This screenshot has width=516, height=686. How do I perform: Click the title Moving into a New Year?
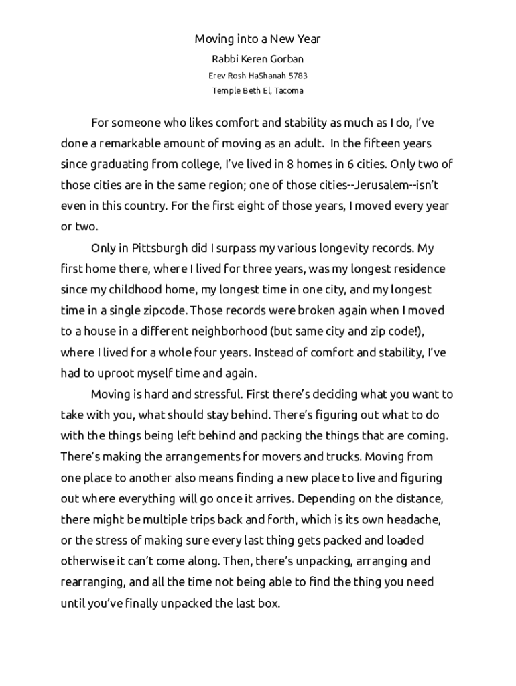(257, 39)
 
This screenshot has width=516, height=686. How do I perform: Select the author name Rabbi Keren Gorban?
(257, 59)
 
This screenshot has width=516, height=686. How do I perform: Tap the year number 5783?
(297, 76)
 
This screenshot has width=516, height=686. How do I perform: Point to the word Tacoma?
(287, 91)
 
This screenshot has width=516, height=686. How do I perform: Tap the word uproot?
(123, 373)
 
